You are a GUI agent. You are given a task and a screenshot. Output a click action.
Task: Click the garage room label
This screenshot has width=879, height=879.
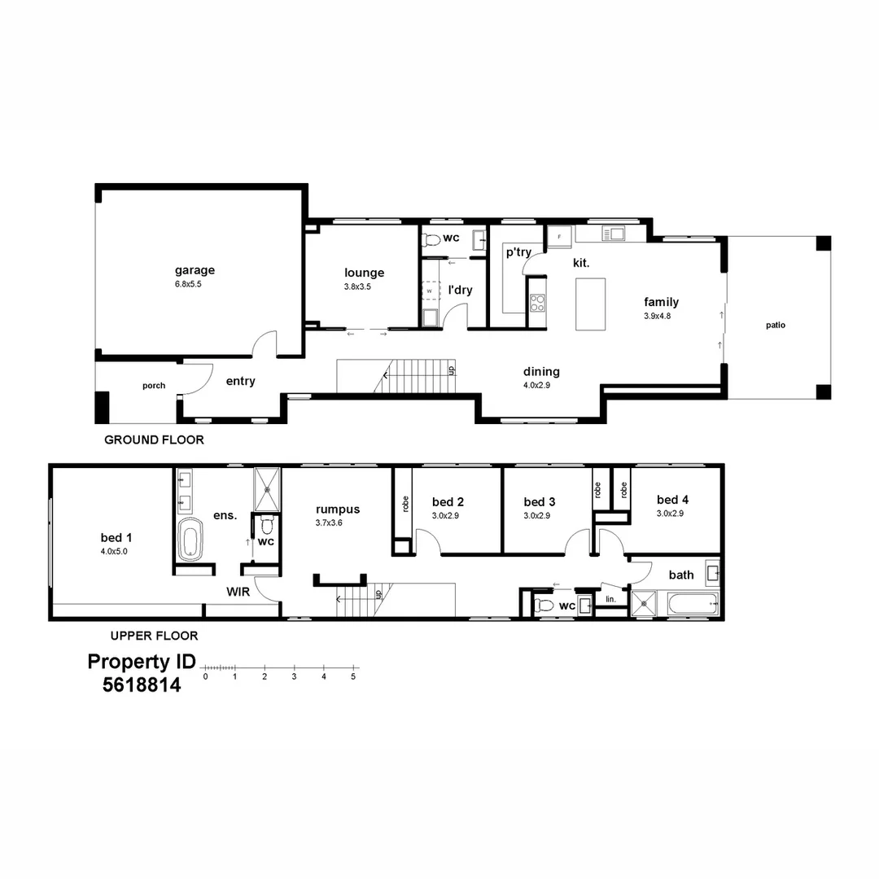pos(195,270)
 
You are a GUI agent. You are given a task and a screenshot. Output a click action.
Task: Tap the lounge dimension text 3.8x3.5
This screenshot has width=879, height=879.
pos(357,286)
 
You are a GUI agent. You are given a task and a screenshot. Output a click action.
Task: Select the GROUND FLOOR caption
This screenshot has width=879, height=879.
pos(154,439)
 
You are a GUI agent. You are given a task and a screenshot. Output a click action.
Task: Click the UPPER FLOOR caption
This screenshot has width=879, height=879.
pos(154,636)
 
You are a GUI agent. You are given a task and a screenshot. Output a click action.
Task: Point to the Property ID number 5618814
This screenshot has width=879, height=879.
pos(142,685)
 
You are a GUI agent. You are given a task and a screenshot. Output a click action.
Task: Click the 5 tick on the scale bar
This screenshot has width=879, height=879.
pos(353,676)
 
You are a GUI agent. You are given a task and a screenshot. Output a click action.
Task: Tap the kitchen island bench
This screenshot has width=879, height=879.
pos(590,304)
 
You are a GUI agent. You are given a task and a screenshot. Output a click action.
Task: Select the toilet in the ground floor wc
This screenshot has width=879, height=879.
pos(431,239)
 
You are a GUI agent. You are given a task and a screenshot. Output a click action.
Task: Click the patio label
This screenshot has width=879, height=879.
pos(775,325)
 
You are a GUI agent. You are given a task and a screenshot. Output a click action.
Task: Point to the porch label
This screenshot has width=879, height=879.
pos(154,386)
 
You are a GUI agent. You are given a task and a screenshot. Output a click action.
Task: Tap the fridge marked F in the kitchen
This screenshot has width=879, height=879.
pos(558,236)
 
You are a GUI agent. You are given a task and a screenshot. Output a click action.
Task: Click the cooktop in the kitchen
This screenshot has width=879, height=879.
pos(538,304)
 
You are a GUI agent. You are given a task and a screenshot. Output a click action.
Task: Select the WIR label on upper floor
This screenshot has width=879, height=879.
pos(238,592)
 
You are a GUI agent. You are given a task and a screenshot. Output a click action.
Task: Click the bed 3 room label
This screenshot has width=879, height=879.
pos(540,501)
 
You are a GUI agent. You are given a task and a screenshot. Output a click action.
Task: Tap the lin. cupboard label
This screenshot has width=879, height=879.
pos(610,600)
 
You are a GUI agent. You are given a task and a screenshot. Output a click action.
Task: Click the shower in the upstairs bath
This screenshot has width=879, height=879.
pos(647,604)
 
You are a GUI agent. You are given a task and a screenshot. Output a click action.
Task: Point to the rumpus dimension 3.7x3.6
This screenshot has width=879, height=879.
pos(329,523)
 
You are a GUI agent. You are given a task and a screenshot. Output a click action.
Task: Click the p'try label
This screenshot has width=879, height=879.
pos(518,252)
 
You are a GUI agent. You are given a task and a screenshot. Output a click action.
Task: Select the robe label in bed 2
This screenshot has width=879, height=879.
pos(403,505)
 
